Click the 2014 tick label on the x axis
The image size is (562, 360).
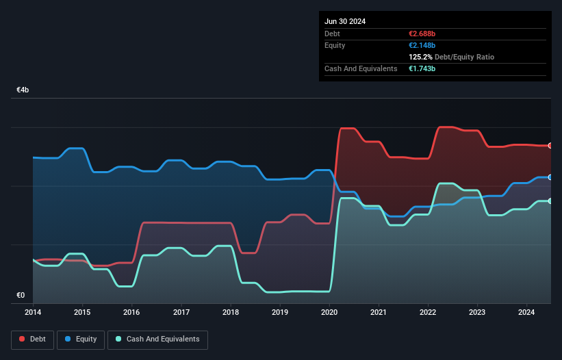[33, 312]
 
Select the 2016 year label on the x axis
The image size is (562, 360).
[131, 312]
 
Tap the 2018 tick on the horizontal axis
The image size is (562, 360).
[231, 312]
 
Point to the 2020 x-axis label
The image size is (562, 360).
[329, 312]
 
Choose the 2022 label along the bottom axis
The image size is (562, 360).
[428, 312]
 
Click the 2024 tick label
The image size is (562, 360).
[527, 312]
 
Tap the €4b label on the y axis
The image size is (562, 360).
[23, 90]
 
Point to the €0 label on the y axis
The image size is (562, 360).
[21, 296]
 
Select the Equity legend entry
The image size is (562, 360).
[81, 339]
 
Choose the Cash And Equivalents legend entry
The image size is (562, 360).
[157, 339]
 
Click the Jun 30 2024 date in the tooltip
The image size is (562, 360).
[345, 21]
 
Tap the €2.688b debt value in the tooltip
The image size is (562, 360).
[424, 34]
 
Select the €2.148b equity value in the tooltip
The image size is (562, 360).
[424, 45]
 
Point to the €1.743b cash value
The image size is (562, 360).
[424, 68]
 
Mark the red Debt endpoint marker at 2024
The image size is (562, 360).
[550, 146]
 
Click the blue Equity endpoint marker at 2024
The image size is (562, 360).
[550, 177]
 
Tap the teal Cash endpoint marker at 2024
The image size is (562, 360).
[550, 201]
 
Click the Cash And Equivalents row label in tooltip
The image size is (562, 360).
[361, 68]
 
